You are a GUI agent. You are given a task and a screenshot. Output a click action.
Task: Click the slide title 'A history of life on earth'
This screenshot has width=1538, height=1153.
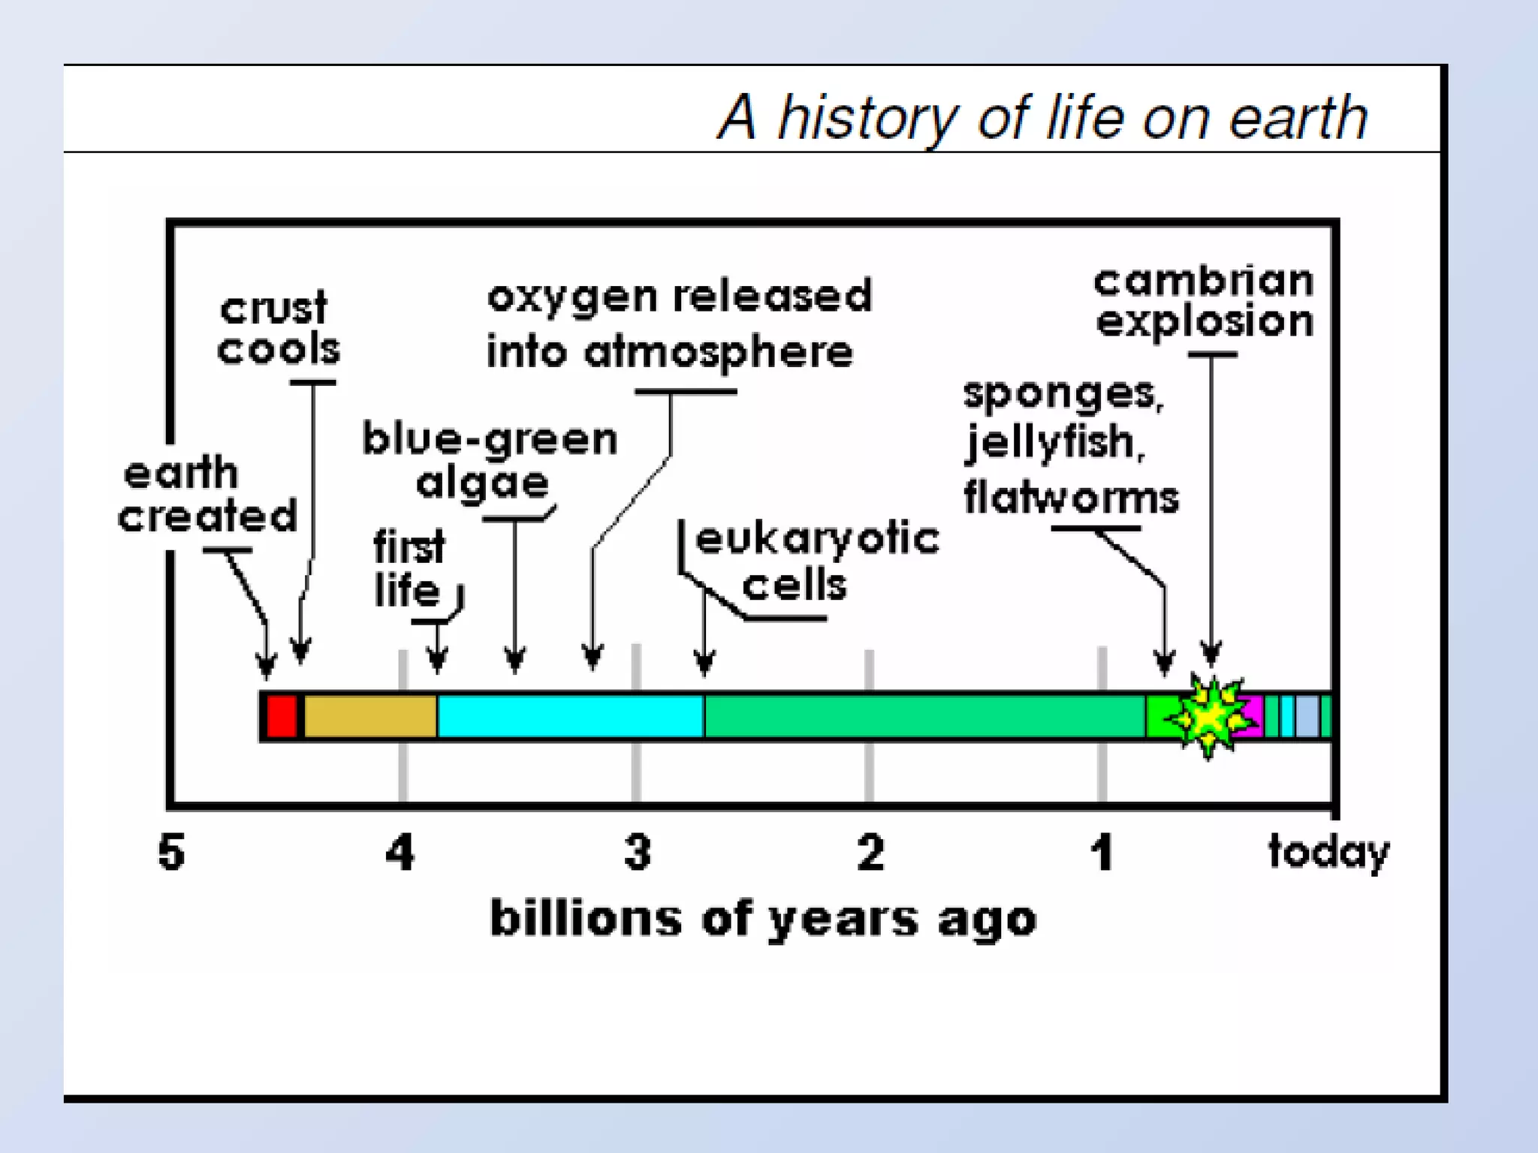(x=1042, y=118)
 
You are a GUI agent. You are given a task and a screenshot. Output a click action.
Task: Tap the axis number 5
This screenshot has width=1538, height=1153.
(x=171, y=853)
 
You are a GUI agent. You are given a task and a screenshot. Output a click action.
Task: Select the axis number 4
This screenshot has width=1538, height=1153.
(x=400, y=853)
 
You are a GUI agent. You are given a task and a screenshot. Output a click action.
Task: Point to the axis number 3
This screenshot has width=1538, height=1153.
(x=638, y=853)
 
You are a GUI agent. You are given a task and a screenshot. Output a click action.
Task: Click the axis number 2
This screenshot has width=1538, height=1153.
(x=870, y=853)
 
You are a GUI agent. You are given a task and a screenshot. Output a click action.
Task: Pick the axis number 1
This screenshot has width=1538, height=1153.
(x=1102, y=853)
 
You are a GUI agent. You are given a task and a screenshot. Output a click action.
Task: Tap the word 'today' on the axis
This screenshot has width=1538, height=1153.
(x=1328, y=853)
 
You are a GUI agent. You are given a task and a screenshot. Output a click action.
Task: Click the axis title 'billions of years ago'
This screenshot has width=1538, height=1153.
(x=763, y=919)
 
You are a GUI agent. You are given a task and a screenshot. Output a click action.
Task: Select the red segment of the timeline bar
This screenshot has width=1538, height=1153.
(x=282, y=716)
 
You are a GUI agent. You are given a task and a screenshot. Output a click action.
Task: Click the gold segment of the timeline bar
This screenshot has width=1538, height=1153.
(x=369, y=716)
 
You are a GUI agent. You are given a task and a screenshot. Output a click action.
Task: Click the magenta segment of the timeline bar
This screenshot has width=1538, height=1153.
(x=1253, y=716)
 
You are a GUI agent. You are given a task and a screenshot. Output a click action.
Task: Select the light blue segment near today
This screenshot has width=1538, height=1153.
(x=1307, y=716)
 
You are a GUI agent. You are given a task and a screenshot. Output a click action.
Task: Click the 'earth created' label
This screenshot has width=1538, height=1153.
(x=207, y=495)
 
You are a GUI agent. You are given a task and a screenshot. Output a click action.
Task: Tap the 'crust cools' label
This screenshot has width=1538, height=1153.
(x=278, y=329)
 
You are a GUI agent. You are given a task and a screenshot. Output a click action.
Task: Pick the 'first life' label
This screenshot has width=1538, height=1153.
(x=409, y=568)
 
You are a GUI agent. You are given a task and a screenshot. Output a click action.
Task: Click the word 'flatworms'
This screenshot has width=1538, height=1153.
(x=1071, y=498)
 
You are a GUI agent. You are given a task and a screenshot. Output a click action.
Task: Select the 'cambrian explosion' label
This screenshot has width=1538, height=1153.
(x=1204, y=302)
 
